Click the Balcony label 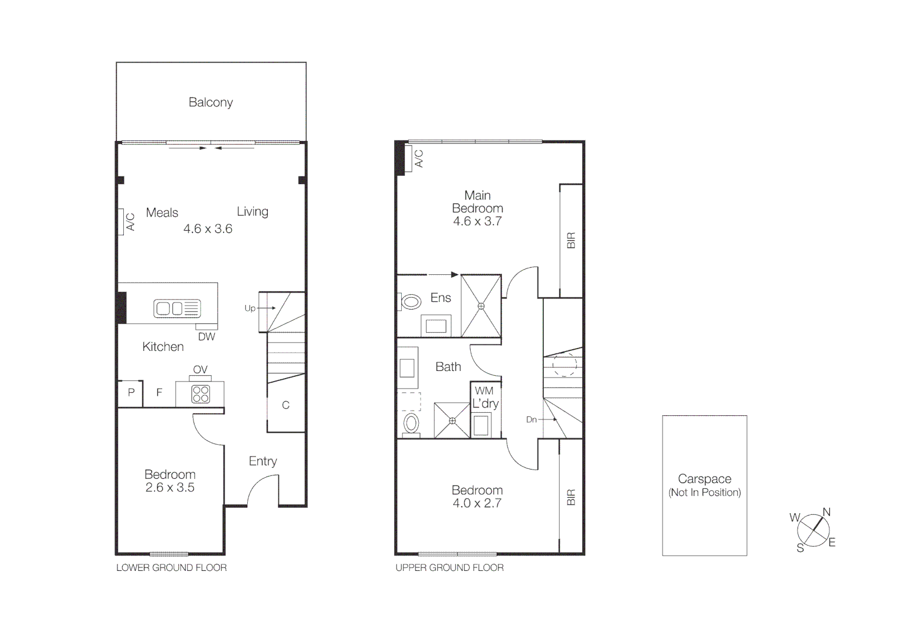[x=211, y=103]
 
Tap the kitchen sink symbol [x=177, y=308]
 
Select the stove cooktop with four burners [x=201, y=394]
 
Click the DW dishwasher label [x=206, y=337]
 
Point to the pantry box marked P [x=131, y=393]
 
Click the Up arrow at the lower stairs [x=267, y=308]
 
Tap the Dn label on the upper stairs [x=532, y=419]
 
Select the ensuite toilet [x=410, y=302]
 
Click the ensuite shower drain [x=481, y=306]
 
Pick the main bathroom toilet [x=411, y=423]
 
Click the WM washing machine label [x=484, y=390]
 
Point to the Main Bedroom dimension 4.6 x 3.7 [x=477, y=222]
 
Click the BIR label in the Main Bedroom [x=570, y=241]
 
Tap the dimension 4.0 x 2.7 [x=477, y=503]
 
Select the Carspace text [x=704, y=479]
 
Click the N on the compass [x=826, y=512]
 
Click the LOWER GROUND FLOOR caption [x=171, y=568]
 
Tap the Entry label [x=263, y=461]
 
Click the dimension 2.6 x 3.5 [x=170, y=488]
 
